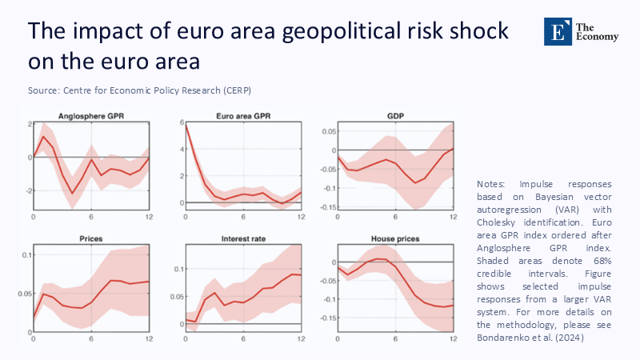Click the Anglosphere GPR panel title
tap(90, 116)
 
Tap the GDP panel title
tap(395, 116)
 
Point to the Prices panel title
tap(90, 239)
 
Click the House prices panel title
tap(395, 239)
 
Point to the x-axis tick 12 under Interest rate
tap(302, 340)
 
